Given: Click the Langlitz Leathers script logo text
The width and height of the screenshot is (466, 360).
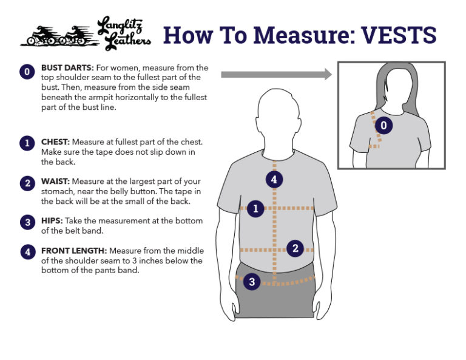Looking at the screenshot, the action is (124, 33).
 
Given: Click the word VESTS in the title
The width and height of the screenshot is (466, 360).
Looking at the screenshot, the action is (399, 35).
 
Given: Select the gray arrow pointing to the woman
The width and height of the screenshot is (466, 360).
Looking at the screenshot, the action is (277, 74).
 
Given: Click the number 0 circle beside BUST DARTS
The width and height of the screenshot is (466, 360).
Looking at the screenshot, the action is (27, 72).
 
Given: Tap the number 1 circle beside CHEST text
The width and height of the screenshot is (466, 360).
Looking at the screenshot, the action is (27, 143).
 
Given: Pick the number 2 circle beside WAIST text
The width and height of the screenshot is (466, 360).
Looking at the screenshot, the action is (27, 183).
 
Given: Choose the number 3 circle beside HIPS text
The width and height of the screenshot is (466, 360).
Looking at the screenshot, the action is (28, 222).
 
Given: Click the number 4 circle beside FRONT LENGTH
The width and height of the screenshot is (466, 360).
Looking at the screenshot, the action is (28, 252).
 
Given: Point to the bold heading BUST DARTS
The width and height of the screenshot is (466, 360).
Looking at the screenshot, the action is (67, 68).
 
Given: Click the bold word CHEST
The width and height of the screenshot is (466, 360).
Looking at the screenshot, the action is (55, 142).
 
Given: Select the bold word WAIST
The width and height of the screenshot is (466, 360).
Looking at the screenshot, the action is (55, 182).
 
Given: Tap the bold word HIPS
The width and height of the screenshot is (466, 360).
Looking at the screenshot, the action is (52, 221).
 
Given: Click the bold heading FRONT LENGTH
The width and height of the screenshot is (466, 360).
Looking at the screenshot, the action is (74, 251).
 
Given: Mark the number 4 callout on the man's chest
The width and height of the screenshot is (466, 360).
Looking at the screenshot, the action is (274, 179).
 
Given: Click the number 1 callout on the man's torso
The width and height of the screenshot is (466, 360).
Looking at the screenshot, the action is (255, 208).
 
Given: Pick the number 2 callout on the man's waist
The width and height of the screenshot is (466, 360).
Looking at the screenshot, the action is (295, 248).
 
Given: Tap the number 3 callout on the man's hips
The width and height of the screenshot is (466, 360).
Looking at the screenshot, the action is (252, 281).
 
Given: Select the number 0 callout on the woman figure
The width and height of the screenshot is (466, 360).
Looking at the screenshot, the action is (383, 125).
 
